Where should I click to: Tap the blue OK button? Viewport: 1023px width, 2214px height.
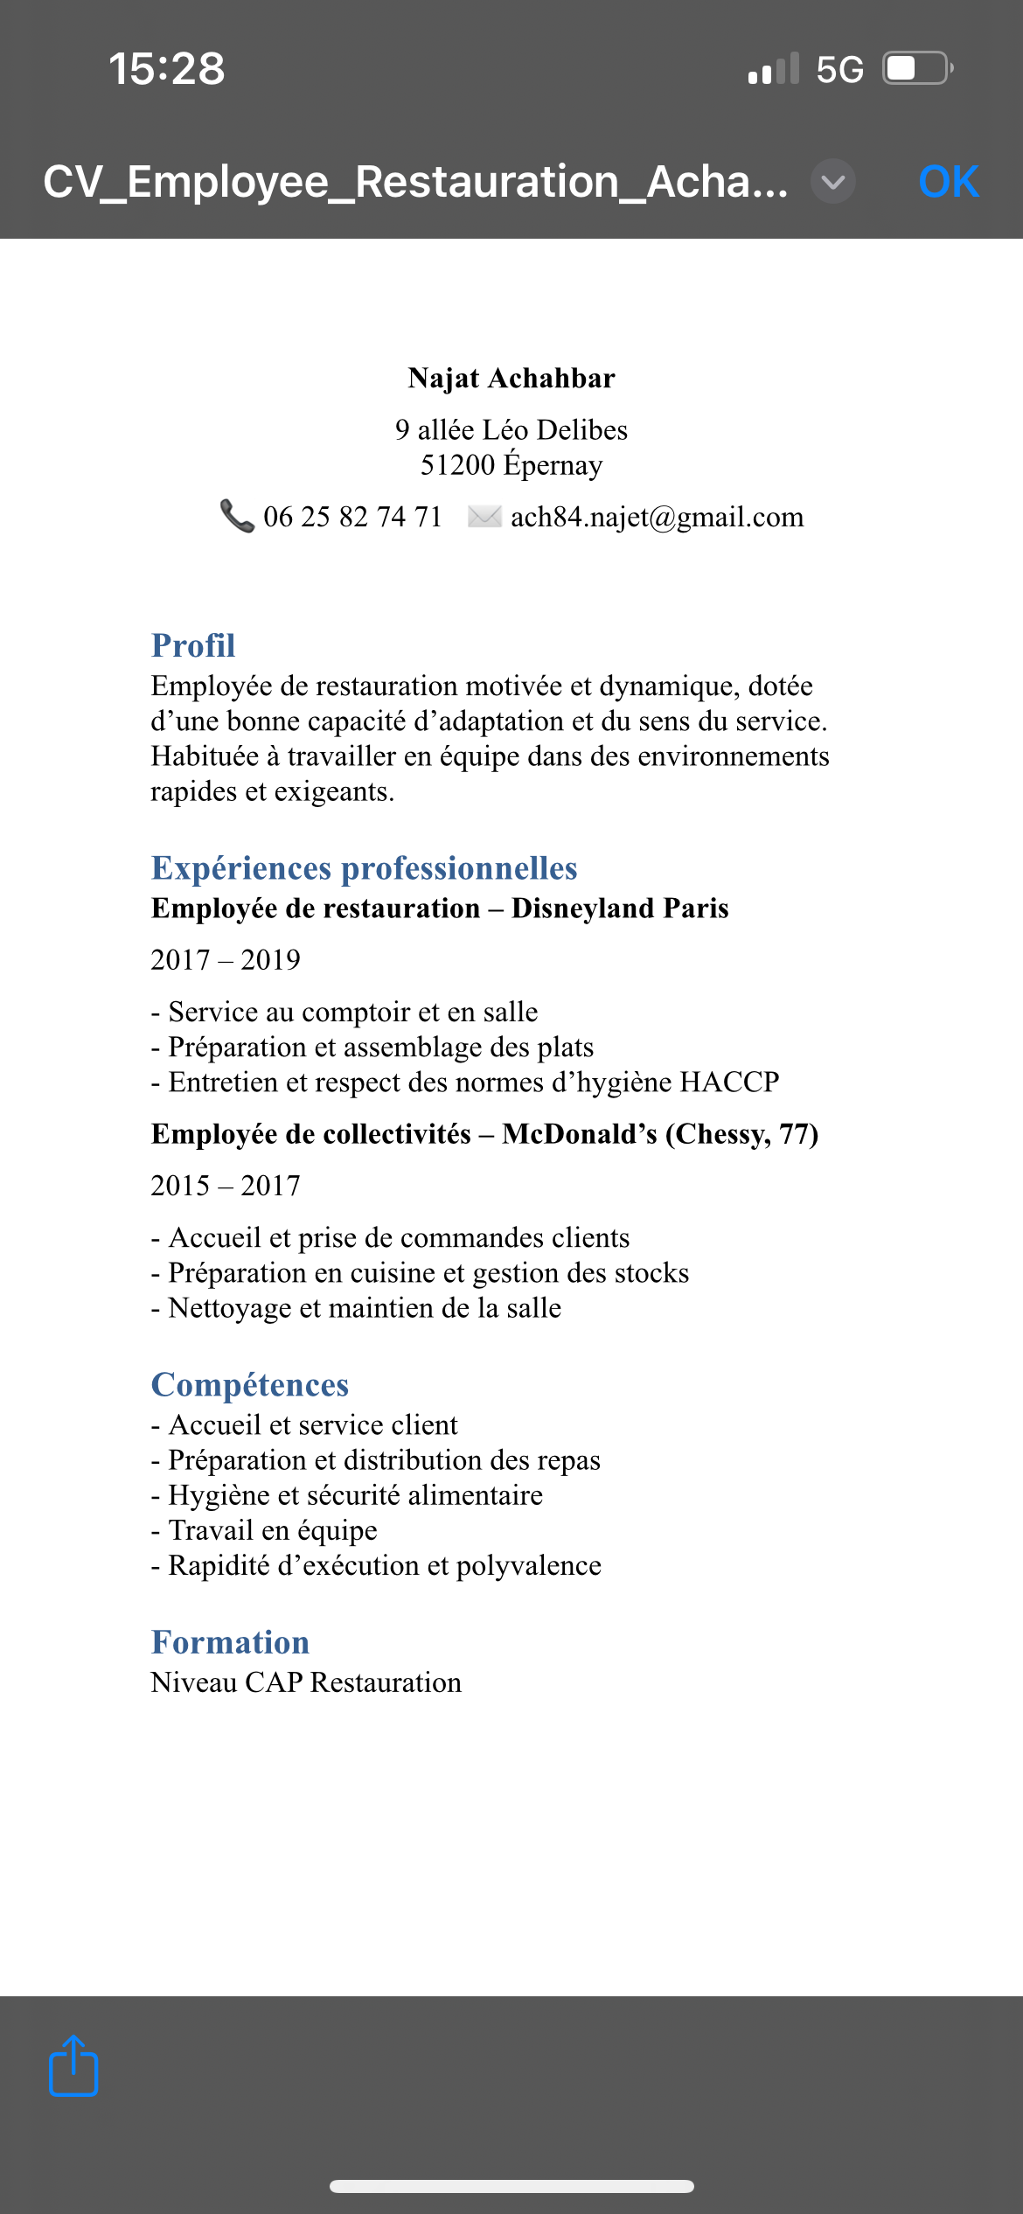coord(949,182)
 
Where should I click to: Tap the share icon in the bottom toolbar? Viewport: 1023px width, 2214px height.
coord(73,2065)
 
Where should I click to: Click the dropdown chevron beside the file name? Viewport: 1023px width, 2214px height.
coord(832,182)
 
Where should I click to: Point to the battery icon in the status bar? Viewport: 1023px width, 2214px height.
coord(916,68)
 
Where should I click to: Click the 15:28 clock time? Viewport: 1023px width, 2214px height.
coord(167,68)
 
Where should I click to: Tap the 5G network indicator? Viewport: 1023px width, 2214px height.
coord(839,69)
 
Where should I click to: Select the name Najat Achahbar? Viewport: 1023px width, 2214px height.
coord(511,378)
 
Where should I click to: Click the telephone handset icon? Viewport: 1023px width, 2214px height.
coord(236,516)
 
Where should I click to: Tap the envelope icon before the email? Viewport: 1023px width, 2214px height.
coord(484,516)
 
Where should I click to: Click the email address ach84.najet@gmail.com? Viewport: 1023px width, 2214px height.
coord(657,517)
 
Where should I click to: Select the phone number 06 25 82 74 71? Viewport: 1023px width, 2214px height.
coord(353,517)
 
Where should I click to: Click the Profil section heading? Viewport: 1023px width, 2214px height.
coord(193,645)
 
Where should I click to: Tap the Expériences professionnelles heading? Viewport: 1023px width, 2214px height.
coord(364,867)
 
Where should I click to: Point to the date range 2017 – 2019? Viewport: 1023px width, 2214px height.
coord(226,959)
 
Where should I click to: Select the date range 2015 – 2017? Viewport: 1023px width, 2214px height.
coord(226,1185)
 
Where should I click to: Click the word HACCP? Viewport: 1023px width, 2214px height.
coord(729,1082)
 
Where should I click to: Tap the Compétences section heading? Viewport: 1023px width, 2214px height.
coord(250,1384)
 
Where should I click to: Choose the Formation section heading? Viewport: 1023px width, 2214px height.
coord(230,1641)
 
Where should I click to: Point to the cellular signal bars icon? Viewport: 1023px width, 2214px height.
coord(774,68)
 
